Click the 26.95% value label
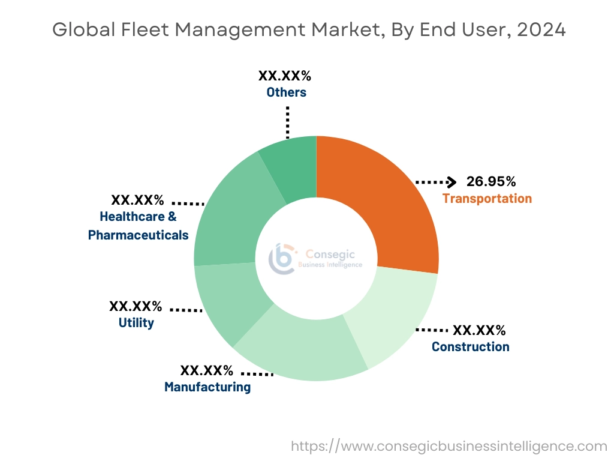coord(491,181)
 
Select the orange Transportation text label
coord(487,199)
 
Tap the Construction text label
coord(471,347)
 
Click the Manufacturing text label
coord(207,387)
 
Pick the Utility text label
coord(136,323)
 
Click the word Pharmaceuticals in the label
coord(139,235)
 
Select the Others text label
coord(287,92)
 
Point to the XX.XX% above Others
coord(285,76)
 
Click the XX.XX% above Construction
coord(479,330)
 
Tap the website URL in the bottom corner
coord(449,447)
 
